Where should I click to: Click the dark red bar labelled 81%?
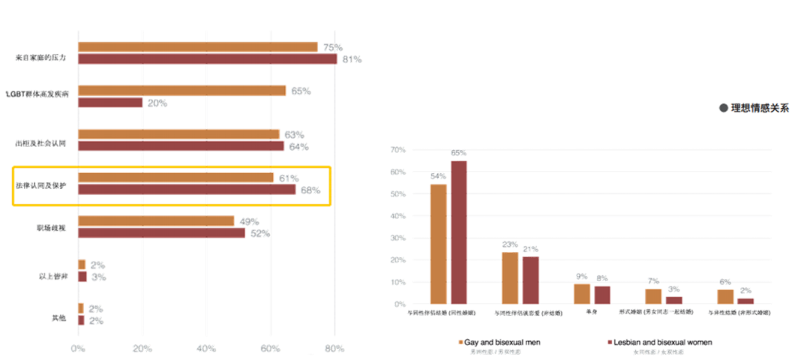pos(208,59)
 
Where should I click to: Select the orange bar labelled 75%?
pos(198,47)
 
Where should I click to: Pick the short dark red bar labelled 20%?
pos(110,103)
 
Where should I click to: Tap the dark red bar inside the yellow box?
pos(187,190)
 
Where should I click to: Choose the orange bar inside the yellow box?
pos(176,178)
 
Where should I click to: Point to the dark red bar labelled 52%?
pos(162,232)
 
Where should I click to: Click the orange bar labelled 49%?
pos(157,221)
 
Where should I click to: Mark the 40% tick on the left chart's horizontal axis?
pos(206,348)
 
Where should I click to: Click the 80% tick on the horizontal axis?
pos(334,348)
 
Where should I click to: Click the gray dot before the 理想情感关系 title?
pos(724,108)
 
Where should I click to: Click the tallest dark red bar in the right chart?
pos(457,232)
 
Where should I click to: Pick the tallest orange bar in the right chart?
pos(439,244)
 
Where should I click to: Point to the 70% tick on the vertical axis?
pos(397,150)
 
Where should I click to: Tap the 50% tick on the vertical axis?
pos(397,194)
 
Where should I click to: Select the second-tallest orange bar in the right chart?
pos(510,277)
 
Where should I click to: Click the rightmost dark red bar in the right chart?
pos(745,301)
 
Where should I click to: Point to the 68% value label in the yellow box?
pos(310,190)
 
